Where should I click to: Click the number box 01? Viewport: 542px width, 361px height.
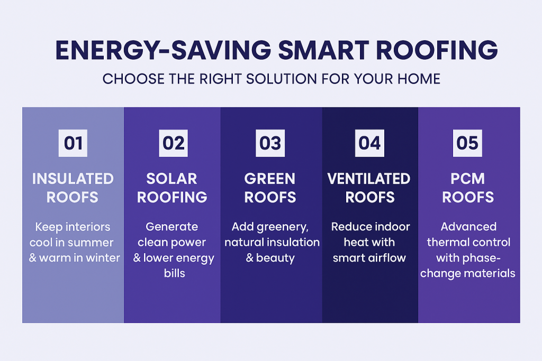tap(73, 143)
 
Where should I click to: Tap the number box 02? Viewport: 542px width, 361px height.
tap(173, 143)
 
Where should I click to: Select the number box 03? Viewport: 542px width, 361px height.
tap(270, 143)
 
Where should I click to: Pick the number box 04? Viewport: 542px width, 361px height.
tap(369, 143)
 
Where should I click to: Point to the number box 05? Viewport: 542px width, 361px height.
tap(467, 143)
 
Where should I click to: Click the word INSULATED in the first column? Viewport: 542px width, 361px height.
tap(73, 179)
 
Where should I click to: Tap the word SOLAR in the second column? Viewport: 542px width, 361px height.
tap(172, 179)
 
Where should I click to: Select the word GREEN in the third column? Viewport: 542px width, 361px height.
tap(270, 179)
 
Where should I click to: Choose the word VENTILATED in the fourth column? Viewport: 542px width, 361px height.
tap(369, 179)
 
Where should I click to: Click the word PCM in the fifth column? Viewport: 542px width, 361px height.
tap(468, 179)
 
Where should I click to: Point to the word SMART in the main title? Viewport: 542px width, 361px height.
tap(324, 50)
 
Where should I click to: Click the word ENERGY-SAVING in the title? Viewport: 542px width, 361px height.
tap(163, 50)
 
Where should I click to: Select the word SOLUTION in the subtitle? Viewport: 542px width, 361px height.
tap(282, 79)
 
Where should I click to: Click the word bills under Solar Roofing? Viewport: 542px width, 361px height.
tap(175, 273)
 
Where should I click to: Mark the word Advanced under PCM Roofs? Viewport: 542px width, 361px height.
tap(469, 227)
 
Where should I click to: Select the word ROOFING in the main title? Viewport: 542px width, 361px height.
tap(437, 50)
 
